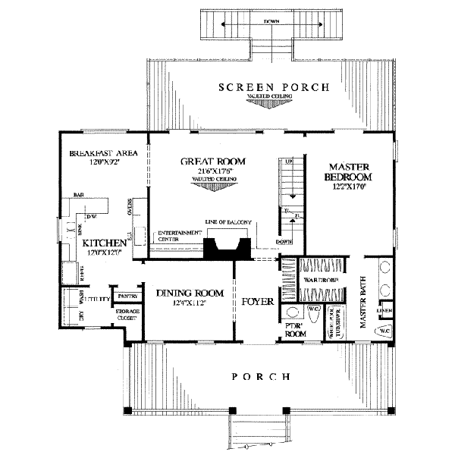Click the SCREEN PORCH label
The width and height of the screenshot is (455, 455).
274,87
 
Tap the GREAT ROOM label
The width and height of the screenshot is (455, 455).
206,162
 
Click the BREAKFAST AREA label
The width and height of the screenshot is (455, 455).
102,152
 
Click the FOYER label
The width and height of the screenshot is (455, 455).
256,301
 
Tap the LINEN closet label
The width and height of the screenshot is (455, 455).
386,311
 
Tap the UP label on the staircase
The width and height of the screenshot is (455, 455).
288,162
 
